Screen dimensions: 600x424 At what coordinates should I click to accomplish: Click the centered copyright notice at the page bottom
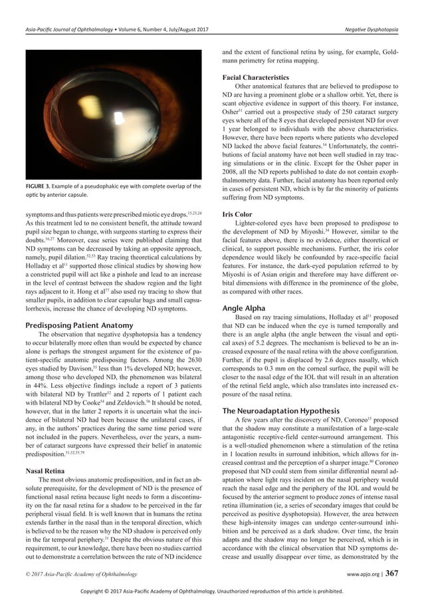click(211, 590)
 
